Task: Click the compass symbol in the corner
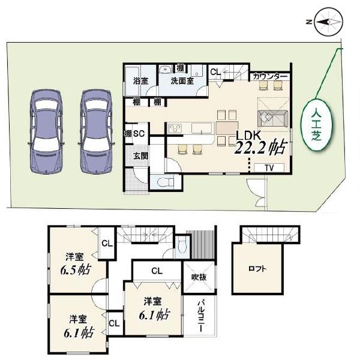[x=329, y=22]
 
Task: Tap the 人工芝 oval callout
[x=317, y=124]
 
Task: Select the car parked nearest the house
[x=96, y=131]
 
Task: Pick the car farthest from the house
[x=46, y=131]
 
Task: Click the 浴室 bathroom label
[x=141, y=81]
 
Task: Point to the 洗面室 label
[x=182, y=81]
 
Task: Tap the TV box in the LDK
[x=269, y=168]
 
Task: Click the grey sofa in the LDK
[x=273, y=118]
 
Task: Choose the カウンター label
[x=270, y=76]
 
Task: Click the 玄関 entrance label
[x=141, y=156]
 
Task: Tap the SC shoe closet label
[x=139, y=133]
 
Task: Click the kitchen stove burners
[x=175, y=128]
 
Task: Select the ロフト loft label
[x=257, y=269]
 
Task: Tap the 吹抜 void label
[x=199, y=277]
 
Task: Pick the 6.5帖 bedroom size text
[x=76, y=270]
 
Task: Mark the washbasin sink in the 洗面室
[x=165, y=69]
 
